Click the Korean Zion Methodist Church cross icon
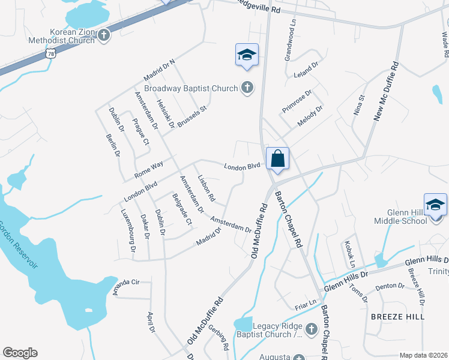pyautogui.click(x=104, y=35)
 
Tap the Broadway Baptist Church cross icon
pyautogui.click(x=247, y=88)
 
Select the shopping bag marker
pyautogui.click(x=278, y=160)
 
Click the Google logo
pyautogui.click(x=20, y=353)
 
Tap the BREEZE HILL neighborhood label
pyautogui.click(x=397, y=316)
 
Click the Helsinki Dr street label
pyautogui.click(x=165, y=112)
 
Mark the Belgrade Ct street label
pyautogui.click(x=181, y=209)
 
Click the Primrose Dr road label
pyautogui.click(x=297, y=102)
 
